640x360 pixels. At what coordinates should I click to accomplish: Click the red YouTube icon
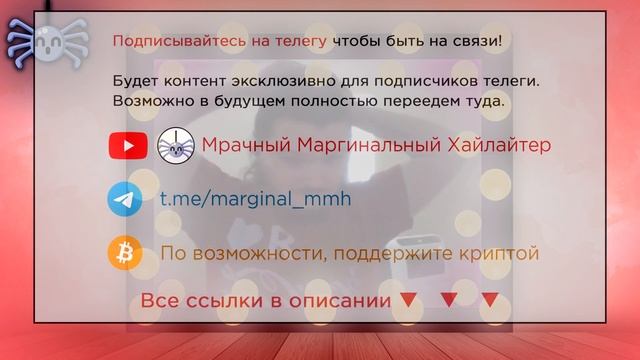pos(128,146)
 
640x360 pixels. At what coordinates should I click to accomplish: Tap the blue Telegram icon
pos(125,199)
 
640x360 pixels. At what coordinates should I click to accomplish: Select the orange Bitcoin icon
pos(125,253)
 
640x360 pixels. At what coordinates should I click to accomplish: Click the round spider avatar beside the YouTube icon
pos(175,146)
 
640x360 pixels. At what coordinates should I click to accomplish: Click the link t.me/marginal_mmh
pos(256,199)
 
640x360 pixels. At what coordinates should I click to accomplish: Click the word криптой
pos(500,254)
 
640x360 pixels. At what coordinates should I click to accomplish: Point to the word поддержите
pos(401,254)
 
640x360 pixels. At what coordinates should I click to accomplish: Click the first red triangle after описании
pos(407,299)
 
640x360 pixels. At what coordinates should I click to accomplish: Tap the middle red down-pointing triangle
pos(449,299)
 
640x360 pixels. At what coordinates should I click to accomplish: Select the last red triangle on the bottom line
pos(490,299)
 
